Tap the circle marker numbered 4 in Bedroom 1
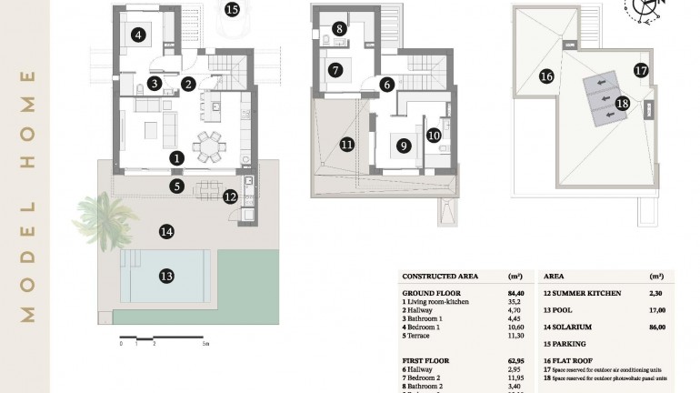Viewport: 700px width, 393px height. coord(138,35)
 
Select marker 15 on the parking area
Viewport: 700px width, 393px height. coord(232,10)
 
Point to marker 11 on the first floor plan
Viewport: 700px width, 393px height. coord(346,144)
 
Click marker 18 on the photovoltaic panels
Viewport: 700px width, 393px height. coord(622,103)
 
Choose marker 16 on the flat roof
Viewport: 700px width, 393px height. coord(546,76)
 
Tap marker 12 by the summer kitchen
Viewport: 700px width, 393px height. coord(230,196)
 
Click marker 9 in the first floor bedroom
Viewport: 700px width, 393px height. coord(403,143)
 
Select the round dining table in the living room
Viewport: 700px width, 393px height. coord(210,144)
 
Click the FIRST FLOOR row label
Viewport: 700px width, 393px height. coord(426,360)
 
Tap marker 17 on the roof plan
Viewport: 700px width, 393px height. coord(640,69)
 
